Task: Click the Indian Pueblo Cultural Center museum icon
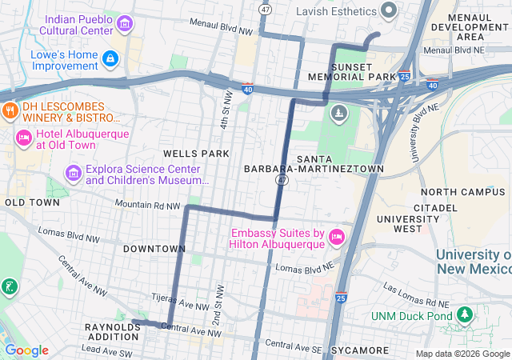[x=124, y=24]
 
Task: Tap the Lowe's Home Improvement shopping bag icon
[x=110, y=58]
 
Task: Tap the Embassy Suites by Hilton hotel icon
[x=338, y=238]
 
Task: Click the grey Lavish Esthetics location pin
[x=389, y=11]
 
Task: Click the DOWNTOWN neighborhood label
[x=154, y=249]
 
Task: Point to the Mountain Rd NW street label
[x=148, y=206]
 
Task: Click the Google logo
[x=26, y=350]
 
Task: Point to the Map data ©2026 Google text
[x=462, y=354]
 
